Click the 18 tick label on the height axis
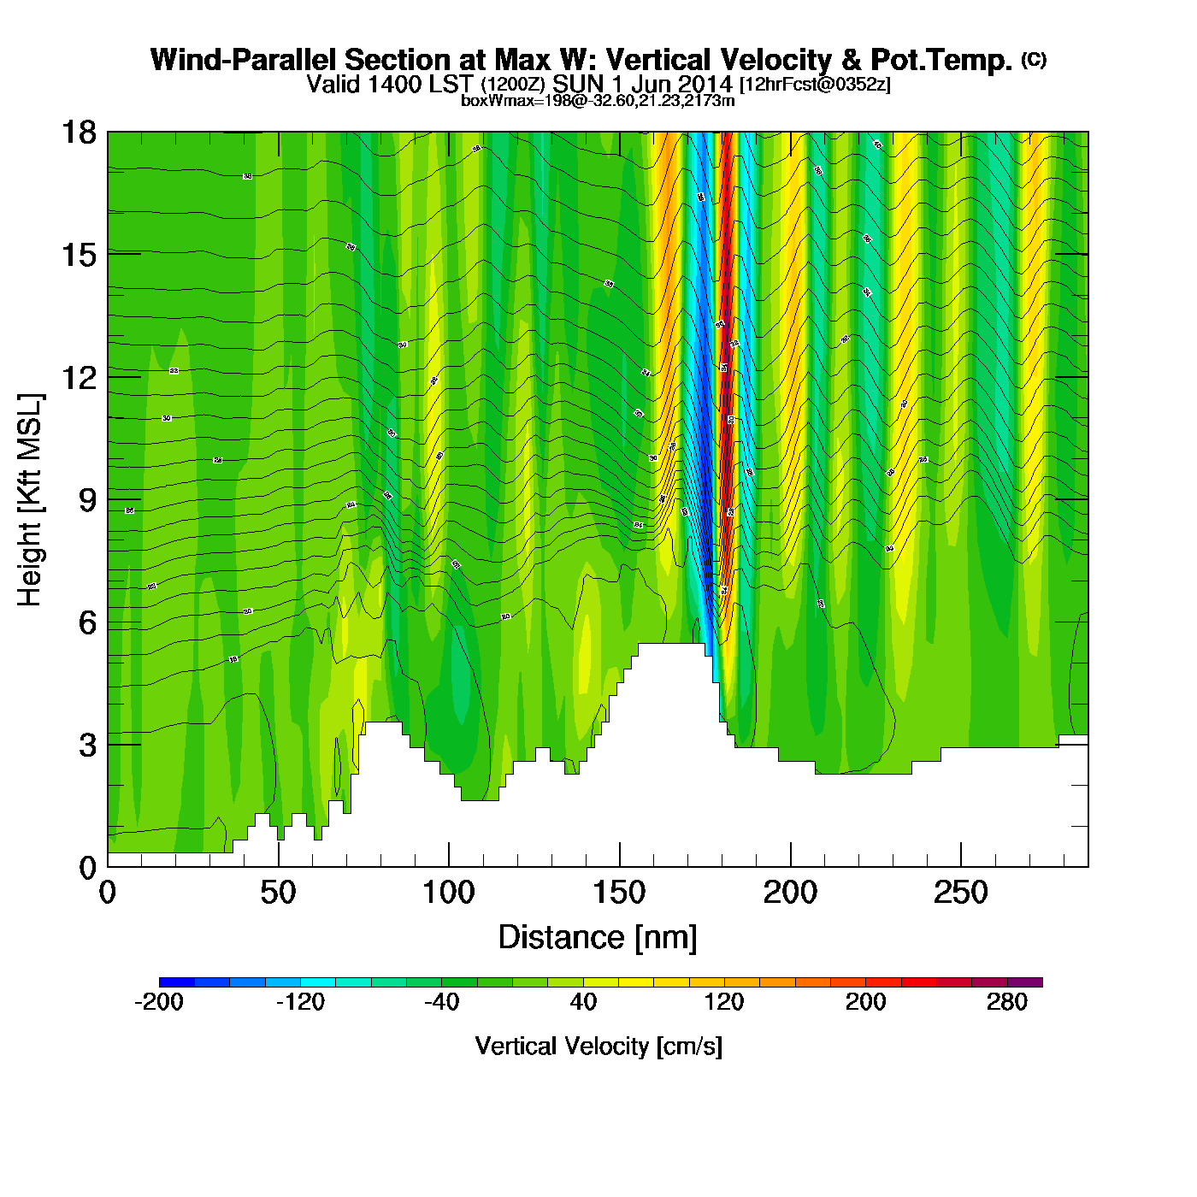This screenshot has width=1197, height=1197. [x=78, y=133]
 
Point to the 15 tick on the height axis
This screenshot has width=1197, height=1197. [x=78, y=255]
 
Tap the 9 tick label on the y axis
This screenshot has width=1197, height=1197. [x=87, y=500]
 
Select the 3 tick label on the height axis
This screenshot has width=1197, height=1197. [x=87, y=746]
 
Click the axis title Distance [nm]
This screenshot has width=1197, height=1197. [x=598, y=938]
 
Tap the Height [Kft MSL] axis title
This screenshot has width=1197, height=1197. [x=30, y=500]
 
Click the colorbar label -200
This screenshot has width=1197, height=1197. [x=159, y=1002]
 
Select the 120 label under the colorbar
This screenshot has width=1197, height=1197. [x=724, y=1002]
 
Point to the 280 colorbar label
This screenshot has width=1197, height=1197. [x=1007, y=1002]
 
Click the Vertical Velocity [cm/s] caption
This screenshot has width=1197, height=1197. [x=598, y=1047]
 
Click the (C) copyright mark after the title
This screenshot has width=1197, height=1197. [x=1034, y=59]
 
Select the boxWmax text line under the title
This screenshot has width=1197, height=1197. [x=598, y=100]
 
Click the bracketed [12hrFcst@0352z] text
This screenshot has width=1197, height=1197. [x=815, y=84]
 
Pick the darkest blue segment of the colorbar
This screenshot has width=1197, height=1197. [x=177, y=982]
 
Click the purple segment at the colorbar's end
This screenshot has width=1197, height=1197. [x=1025, y=982]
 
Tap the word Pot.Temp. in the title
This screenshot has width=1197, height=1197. [x=940, y=60]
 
